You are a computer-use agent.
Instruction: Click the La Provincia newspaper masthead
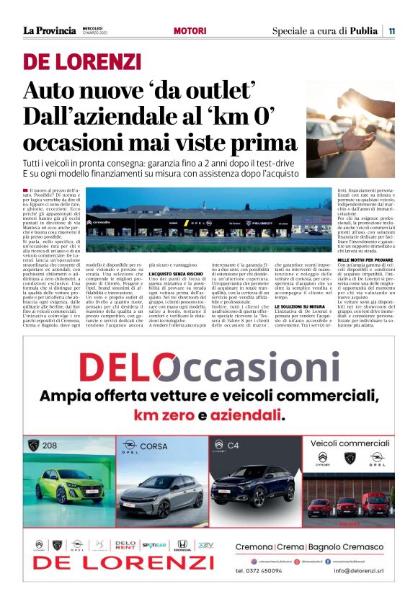(49, 30)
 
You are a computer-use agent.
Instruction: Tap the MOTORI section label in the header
(190, 31)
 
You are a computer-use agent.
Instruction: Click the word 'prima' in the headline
(267, 141)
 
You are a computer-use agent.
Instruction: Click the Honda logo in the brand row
(183, 545)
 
